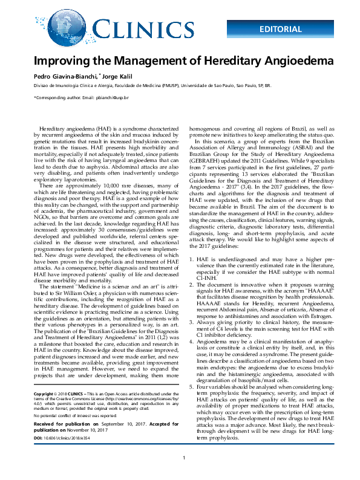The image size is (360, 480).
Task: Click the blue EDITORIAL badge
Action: click(281, 29)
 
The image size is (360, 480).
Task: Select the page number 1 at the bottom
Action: click(183, 474)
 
